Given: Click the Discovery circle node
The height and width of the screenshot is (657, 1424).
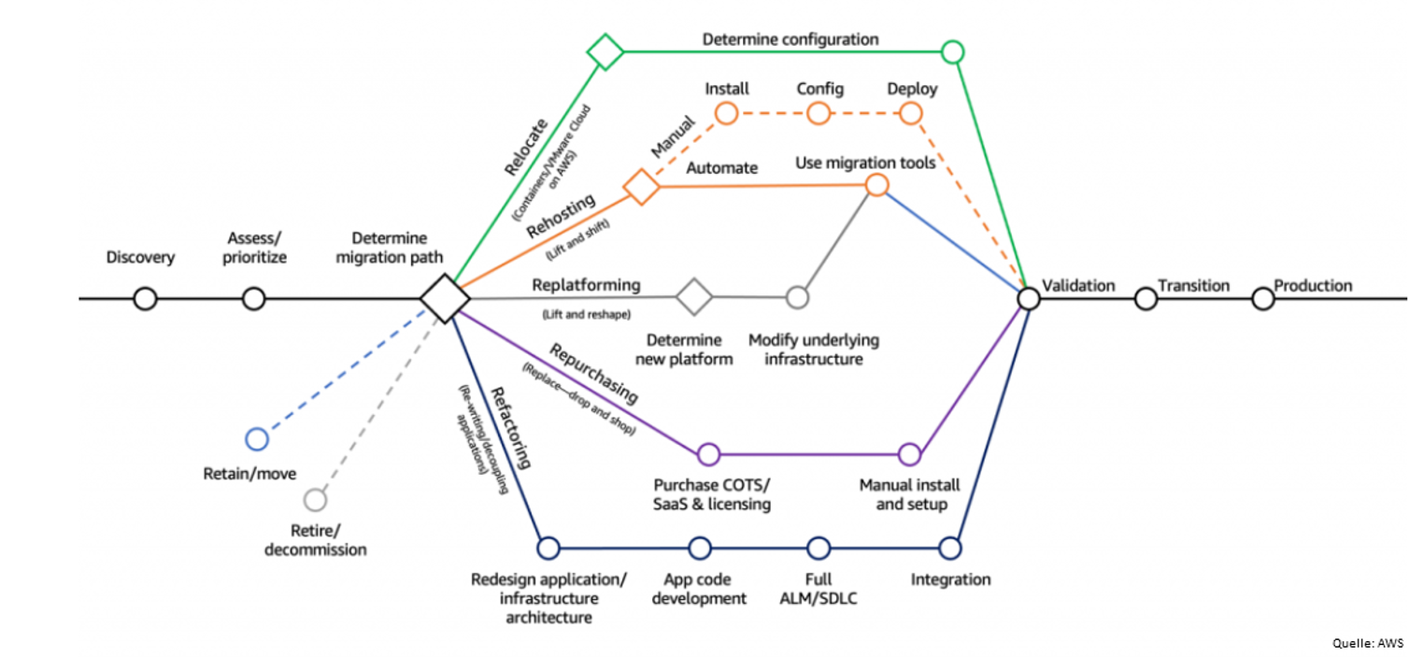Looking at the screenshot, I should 145,299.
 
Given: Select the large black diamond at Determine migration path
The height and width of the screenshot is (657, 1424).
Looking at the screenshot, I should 444,299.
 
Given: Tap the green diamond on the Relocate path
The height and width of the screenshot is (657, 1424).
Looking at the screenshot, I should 605,51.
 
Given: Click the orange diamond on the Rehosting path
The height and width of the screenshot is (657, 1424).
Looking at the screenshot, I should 642,187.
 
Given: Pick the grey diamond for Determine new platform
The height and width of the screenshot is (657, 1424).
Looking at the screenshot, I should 694,297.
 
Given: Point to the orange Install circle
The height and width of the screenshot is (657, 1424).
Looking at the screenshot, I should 726,114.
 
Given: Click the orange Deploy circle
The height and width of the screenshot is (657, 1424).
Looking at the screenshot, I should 911,114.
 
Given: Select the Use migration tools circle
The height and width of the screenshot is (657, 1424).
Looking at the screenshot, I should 876,184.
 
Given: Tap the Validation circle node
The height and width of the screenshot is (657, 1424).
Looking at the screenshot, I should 1028,298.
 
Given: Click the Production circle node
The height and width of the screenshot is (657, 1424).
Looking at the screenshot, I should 1262,299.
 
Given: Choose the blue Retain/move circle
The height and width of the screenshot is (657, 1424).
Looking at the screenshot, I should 256,439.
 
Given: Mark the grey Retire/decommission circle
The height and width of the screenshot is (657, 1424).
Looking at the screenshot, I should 316,500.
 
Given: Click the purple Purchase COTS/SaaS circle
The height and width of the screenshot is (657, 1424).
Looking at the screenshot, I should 708,455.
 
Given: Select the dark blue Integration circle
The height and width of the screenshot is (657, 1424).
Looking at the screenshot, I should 950,547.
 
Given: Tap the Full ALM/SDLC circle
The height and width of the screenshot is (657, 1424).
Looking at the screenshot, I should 819,547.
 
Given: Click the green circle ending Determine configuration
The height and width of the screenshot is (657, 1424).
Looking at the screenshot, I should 952,51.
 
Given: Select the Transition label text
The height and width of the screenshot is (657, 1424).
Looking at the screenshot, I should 1193,285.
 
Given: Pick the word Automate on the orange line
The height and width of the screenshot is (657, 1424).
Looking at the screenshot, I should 721,168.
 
